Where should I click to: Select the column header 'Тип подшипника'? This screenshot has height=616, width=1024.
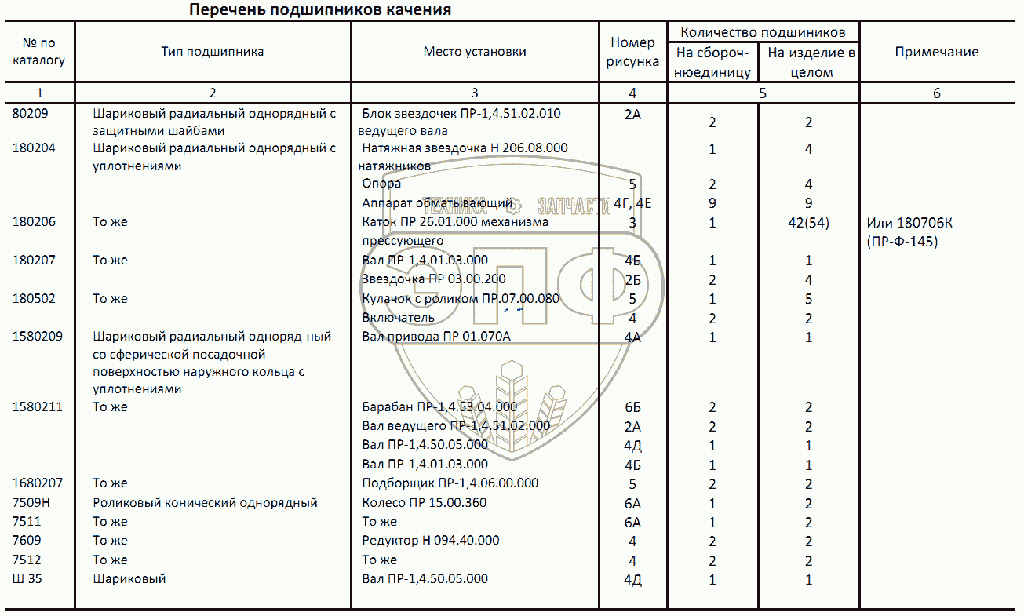213,52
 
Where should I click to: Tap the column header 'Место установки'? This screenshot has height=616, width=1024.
475,52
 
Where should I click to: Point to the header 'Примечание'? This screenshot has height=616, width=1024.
936,52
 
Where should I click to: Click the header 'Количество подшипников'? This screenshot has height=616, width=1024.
763,32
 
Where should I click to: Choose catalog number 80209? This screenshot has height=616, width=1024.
31,113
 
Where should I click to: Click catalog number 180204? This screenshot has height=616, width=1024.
34,148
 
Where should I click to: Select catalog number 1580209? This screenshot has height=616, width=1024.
38,337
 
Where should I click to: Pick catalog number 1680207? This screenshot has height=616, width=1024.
38,483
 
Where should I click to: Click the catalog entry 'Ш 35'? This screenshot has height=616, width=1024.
27,579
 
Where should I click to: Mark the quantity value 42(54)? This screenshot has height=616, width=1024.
808,223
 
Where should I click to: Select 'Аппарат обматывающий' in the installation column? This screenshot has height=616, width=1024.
437,203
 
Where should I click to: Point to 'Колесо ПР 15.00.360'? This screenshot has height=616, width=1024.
425,502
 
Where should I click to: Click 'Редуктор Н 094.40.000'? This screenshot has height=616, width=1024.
431,540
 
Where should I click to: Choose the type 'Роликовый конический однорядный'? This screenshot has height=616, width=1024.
205,503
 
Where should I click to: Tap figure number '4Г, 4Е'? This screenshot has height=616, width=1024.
633,204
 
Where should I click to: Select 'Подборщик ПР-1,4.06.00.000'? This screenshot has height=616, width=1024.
450,483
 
